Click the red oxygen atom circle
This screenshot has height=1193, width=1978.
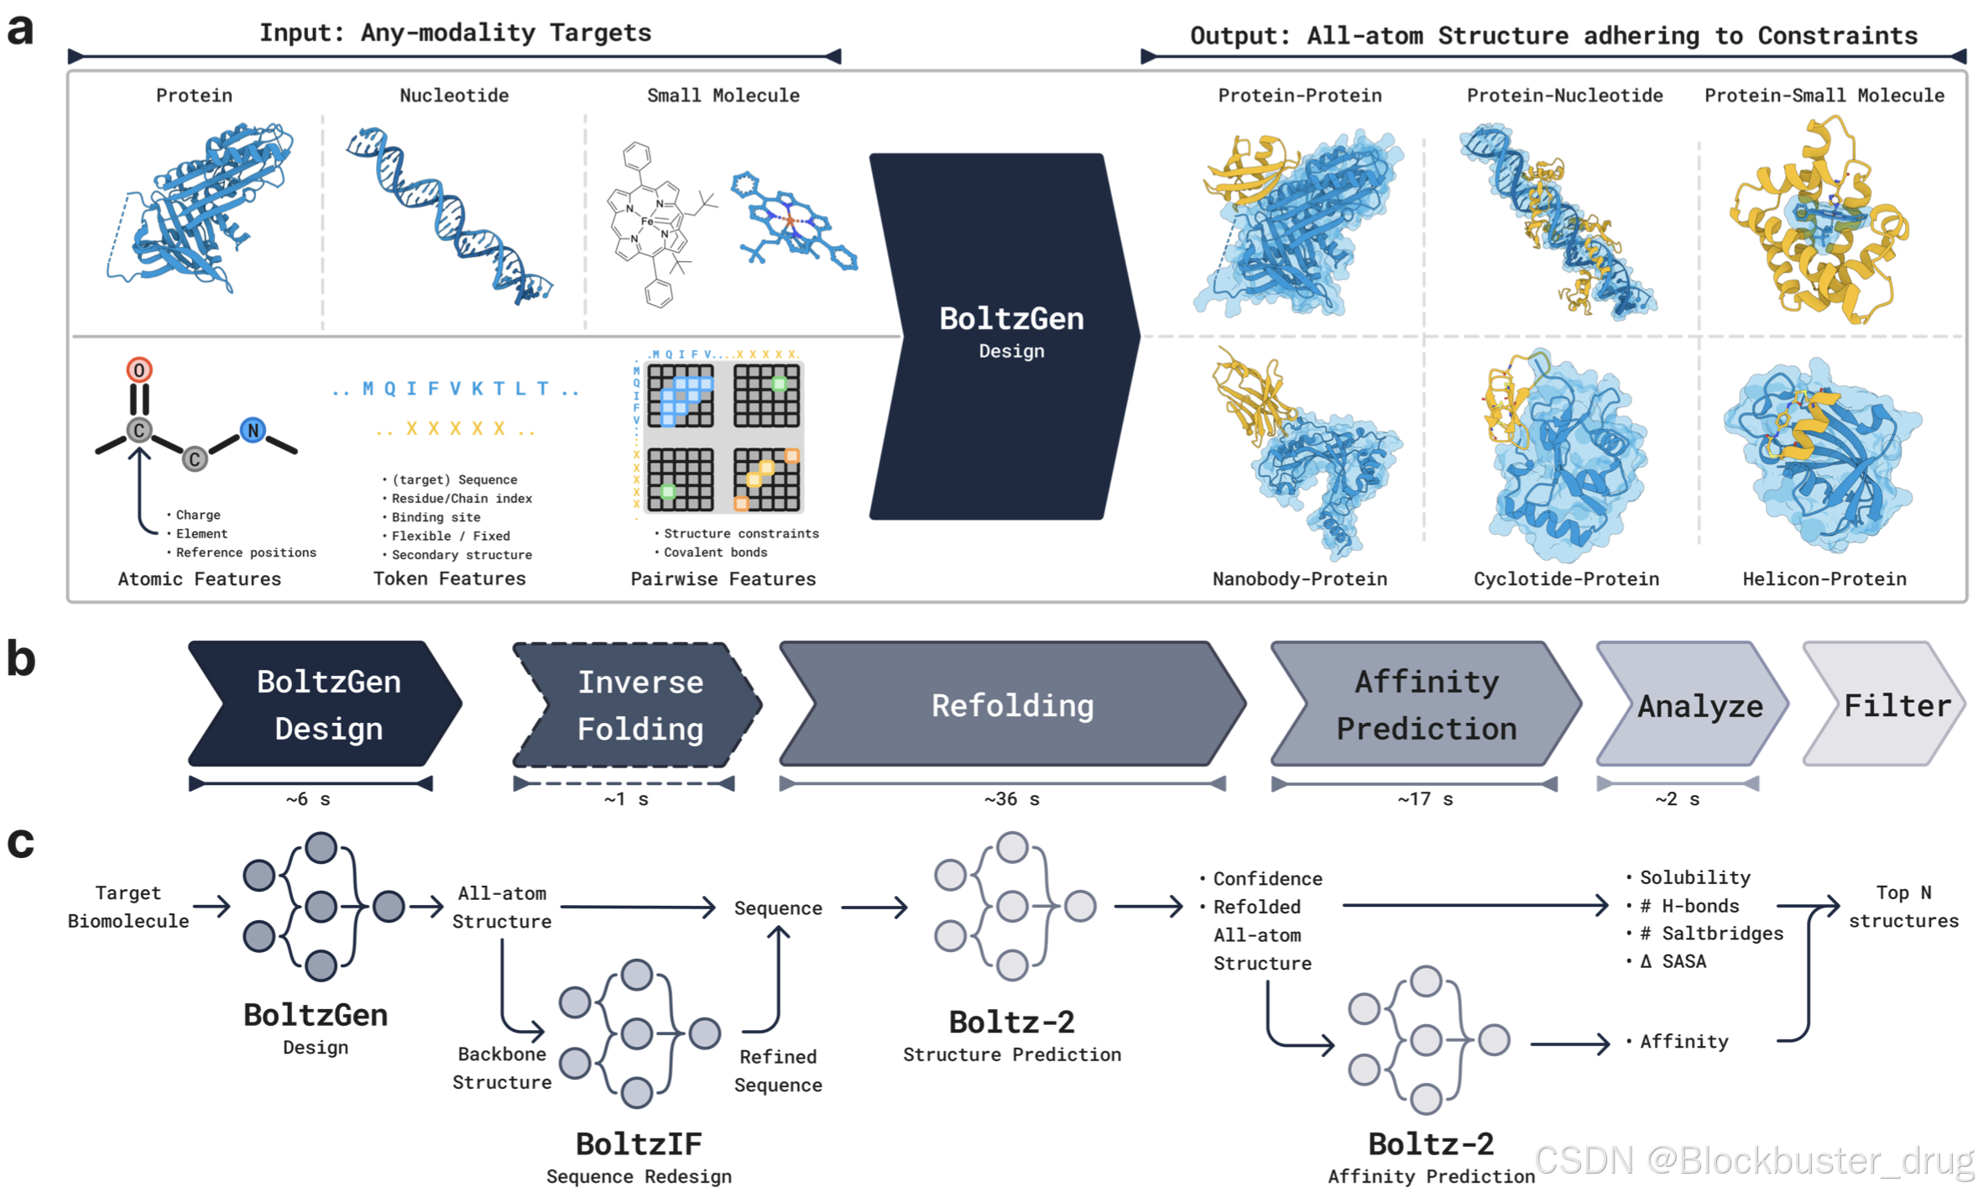139,369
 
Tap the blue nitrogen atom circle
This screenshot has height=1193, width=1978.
253,431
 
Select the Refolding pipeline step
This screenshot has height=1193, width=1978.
1012,705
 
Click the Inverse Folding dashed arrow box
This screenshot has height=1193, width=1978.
639,705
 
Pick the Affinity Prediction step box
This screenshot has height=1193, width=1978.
1426,705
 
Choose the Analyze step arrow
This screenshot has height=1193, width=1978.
1699,706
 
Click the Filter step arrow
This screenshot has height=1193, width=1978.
1895,705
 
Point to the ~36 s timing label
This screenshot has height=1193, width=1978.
1011,799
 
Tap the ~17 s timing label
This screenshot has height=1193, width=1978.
1425,799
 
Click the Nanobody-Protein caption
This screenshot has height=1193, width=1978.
1299,578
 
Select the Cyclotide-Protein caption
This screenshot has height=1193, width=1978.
1566,578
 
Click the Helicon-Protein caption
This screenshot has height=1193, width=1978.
1824,578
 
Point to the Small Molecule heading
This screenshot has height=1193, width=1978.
723,96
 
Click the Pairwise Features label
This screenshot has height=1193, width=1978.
723,578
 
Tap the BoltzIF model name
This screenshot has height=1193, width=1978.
639,1143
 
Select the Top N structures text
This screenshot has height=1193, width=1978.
1902,907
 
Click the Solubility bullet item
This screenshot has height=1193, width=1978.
1694,877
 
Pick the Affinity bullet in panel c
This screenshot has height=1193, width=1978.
1683,1042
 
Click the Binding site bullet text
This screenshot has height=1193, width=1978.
436,517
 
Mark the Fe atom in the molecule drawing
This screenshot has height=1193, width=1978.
647,222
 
